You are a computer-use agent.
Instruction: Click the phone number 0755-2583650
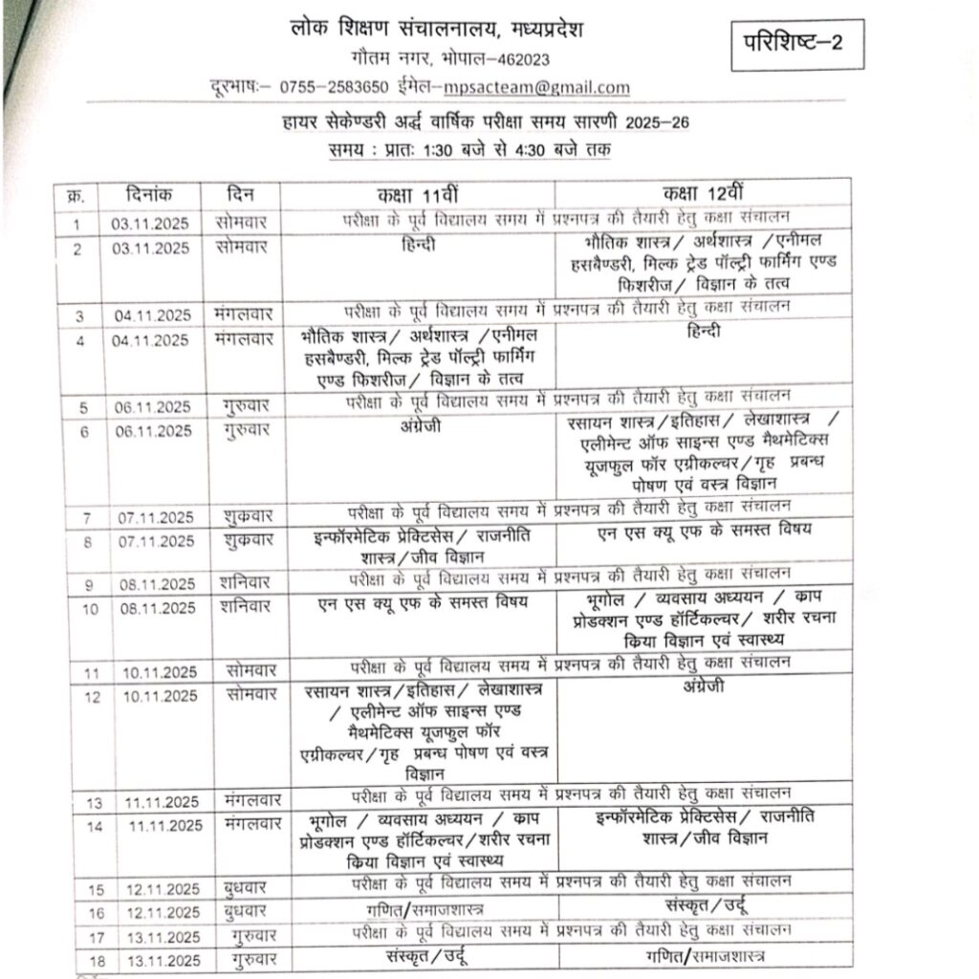pos(334,87)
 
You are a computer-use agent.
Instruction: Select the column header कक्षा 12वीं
pos(695,195)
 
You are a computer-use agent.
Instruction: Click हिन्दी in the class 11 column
pos(420,246)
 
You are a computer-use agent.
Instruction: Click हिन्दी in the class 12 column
pos(703,332)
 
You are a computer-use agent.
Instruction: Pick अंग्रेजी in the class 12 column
pos(704,687)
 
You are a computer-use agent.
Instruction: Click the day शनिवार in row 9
pos(243,581)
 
